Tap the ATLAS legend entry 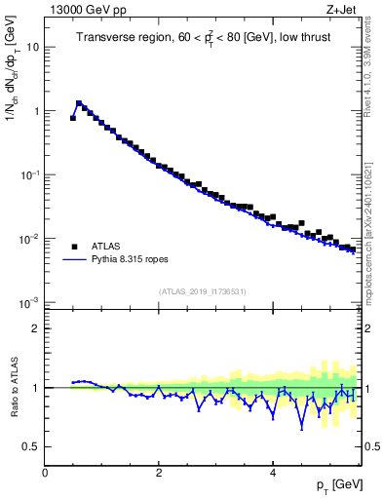107,247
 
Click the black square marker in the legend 74,247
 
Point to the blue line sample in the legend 74,261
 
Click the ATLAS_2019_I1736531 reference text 203,291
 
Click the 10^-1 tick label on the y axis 28,174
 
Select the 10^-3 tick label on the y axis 28,302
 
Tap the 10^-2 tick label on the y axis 28,239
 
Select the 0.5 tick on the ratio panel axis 31,446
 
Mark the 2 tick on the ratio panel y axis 36,328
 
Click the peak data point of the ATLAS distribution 79,102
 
